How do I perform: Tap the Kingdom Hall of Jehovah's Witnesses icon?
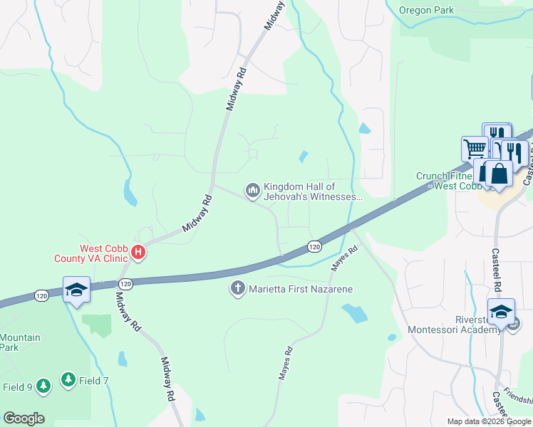tap(252, 191)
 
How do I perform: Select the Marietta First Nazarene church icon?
tap(237, 289)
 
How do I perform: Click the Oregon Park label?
tap(426, 11)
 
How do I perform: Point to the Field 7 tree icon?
tap(68, 381)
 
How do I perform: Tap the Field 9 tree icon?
tap(43, 386)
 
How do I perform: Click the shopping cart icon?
tap(475, 149)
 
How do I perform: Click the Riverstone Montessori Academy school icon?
tap(501, 313)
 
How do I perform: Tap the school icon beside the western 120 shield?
tap(76, 290)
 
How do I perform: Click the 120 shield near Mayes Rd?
tap(314, 246)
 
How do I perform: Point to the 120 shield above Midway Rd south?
tap(126, 284)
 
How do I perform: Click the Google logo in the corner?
tap(24, 418)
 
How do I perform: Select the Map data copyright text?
tap(490, 421)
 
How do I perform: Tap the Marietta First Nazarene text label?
tap(300, 289)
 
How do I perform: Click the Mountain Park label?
tap(20, 343)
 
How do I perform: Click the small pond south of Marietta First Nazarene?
tap(354, 312)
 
